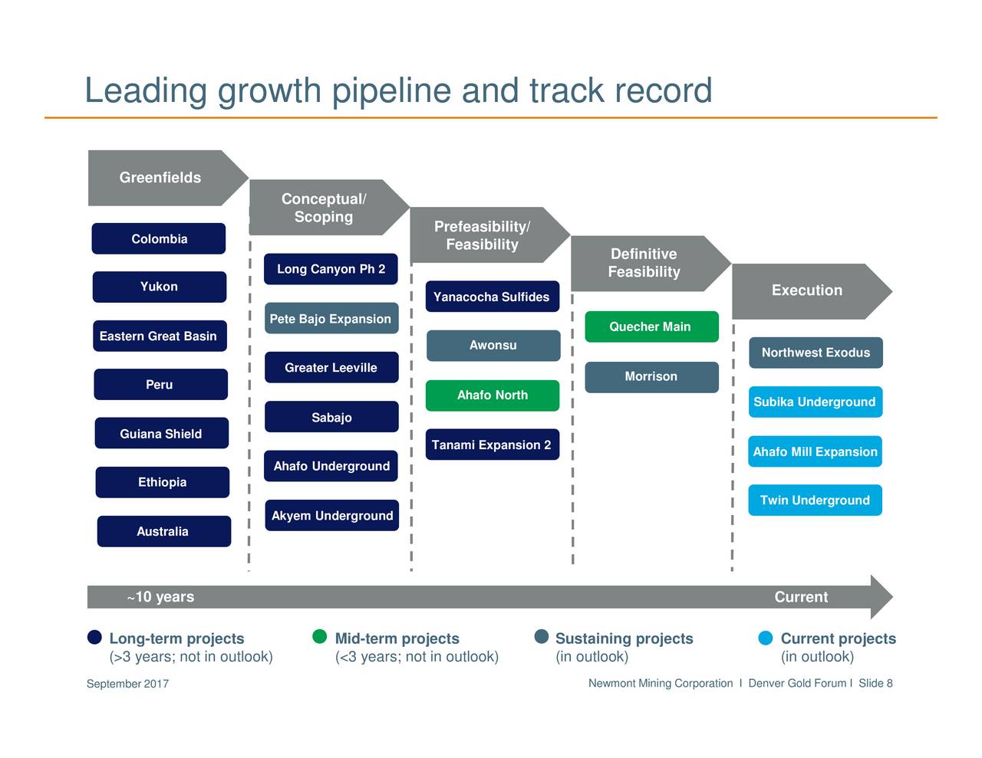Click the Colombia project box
[159, 238]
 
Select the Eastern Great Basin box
[160, 336]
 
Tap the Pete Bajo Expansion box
[331, 318]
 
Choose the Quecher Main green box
[651, 326]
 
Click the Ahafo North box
[493, 395]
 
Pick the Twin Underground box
[816, 500]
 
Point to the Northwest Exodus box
[816, 353]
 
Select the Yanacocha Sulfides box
[493, 297]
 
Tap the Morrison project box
[651, 377]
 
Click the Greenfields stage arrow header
[167, 178]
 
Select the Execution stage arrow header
[812, 292]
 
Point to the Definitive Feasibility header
[651, 264]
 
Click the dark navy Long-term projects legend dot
[94, 637]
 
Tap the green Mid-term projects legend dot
[319, 637]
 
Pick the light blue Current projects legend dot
[766, 638]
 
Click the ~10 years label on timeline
[161, 597]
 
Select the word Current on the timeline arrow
[801, 597]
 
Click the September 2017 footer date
[127, 684]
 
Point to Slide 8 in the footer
[876, 683]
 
